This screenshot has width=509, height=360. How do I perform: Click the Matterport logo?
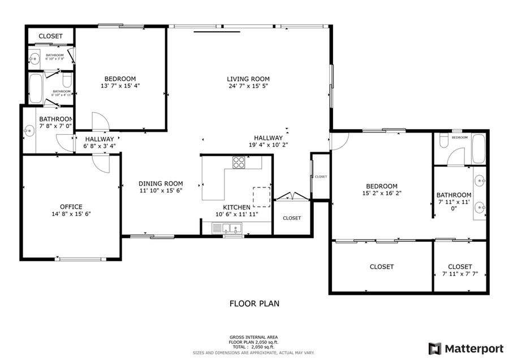coord(459,348)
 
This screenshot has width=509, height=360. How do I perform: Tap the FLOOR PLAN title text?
coord(254,303)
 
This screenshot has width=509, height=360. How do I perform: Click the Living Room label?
coord(248,79)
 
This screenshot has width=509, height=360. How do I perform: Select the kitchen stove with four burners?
coord(239,162)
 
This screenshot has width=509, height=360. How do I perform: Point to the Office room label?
coord(71,207)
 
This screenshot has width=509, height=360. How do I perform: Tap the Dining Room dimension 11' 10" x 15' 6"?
coord(161,191)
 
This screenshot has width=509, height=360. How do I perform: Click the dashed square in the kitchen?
coord(261,196)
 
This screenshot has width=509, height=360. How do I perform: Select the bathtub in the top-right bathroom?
coord(478,149)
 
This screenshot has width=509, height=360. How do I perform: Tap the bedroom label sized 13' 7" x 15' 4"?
coord(120,82)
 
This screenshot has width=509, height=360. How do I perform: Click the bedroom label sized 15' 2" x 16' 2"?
coord(382,190)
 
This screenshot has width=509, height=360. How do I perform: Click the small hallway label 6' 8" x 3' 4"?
coord(100,146)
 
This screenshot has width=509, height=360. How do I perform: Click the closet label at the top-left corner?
coord(50,36)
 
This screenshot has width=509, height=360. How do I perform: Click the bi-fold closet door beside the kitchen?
coord(290,197)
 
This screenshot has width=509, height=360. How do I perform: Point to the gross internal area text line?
coord(253,337)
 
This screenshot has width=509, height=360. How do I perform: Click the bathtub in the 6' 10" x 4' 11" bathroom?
coord(35,88)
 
